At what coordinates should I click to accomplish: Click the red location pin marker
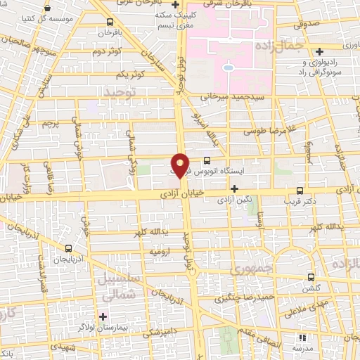pyautogui.click(x=180, y=165)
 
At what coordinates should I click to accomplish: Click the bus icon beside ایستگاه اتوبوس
pyautogui.click(x=206, y=160)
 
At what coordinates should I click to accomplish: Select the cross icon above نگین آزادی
pyautogui.click(x=235, y=188)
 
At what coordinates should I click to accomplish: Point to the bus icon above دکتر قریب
pyautogui.click(x=300, y=190)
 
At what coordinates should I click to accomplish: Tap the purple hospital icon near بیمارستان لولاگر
pyautogui.click(x=103, y=316)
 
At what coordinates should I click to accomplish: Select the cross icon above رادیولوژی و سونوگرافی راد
pyautogui.click(x=321, y=51)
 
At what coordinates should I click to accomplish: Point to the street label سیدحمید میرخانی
pyautogui.click(x=232, y=96)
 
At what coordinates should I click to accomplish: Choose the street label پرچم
pyautogui.click(x=46, y=123)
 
